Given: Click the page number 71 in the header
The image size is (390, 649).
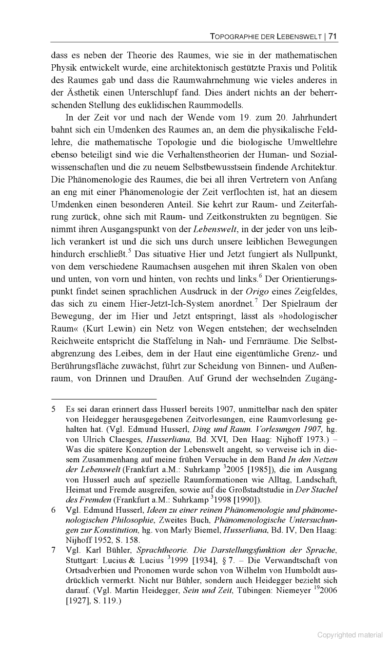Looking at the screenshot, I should pos(333,36).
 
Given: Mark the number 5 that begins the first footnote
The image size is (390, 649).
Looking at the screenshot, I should pos(54,409).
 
